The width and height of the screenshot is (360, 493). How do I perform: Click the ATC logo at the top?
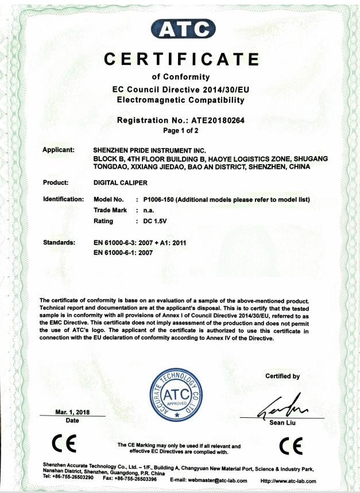point(179,28)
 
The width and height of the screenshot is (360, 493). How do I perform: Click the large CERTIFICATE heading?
point(180,59)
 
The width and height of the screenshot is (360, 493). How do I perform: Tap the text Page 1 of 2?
point(180,131)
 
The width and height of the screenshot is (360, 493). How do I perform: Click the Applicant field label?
point(59,150)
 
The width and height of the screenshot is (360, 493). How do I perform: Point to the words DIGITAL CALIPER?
point(120,183)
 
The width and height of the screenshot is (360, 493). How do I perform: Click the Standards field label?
point(60,243)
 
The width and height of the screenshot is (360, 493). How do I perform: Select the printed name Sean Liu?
point(283,424)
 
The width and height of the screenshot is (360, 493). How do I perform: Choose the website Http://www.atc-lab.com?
point(288,480)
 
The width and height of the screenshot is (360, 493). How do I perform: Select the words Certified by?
point(282,376)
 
